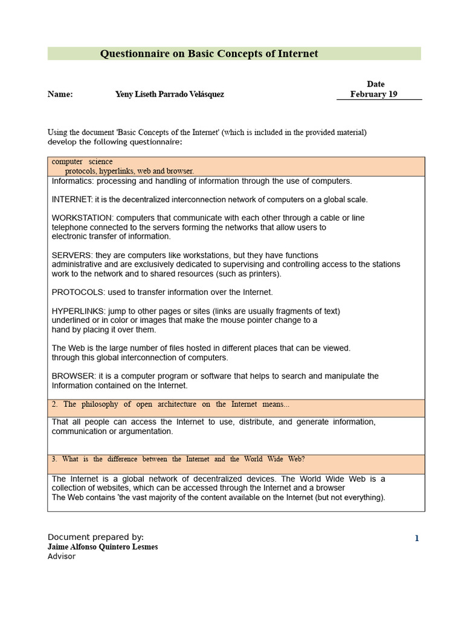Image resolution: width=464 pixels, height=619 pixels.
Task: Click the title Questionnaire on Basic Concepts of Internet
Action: [x=208, y=54]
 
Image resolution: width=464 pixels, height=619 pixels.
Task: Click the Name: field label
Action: [x=60, y=94]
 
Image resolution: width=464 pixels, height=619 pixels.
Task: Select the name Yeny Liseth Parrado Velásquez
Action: [x=169, y=94]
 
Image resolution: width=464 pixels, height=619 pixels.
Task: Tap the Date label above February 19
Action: [x=375, y=84]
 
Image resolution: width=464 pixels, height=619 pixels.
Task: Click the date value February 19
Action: [x=373, y=94]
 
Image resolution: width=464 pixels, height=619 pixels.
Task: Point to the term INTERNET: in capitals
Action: [x=72, y=199]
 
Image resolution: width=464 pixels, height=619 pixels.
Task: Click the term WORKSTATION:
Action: [x=82, y=218]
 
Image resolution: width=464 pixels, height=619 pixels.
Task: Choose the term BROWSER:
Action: [x=74, y=376]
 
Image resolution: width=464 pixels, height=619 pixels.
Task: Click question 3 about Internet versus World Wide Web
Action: [x=178, y=459]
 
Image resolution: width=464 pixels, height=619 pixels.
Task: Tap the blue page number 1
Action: [x=416, y=539]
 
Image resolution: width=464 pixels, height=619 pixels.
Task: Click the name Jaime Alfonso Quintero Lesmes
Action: [x=103, y=547]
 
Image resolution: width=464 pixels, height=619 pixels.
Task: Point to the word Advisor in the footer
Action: [x=62, y=556]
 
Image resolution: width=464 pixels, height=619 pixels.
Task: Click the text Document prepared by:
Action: [x=95, y=537]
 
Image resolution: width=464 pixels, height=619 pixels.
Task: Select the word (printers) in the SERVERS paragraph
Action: [x=262, y=274]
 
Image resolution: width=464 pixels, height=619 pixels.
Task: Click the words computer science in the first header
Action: [x=82, y=162]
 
